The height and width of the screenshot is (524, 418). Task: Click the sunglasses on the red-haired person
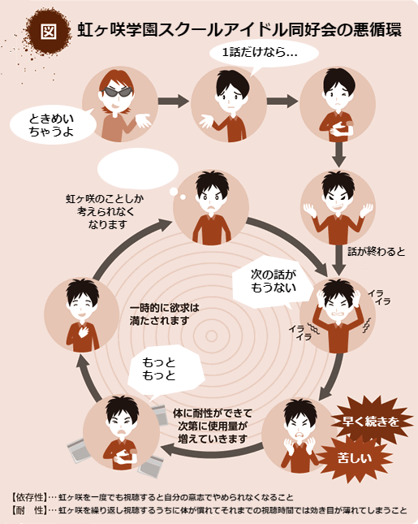pos(117,93)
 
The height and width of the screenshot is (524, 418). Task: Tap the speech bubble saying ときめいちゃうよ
pos(53,125)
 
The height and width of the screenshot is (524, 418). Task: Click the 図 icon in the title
pos(49,31)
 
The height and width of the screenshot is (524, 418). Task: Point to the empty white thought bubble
pos(138,169)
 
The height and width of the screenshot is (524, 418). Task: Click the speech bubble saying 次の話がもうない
pos(273,282)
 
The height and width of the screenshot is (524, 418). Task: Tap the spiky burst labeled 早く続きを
pos(371,421)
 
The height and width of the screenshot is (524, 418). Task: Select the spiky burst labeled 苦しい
pos(355,458)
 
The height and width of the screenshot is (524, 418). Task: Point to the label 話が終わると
pos(377,251)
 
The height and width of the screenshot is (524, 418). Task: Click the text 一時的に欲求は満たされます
pos(164,314)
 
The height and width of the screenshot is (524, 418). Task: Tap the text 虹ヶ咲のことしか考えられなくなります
pos(105,211)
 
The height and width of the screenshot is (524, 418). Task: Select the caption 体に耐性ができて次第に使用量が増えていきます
pos(213,426)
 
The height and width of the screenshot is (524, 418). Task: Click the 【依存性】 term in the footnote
pos(29,497)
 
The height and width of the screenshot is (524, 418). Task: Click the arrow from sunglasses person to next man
pos(174,101)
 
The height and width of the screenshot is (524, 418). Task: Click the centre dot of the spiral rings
pos(211,336)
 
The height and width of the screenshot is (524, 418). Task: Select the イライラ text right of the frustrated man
pos(379,297)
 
